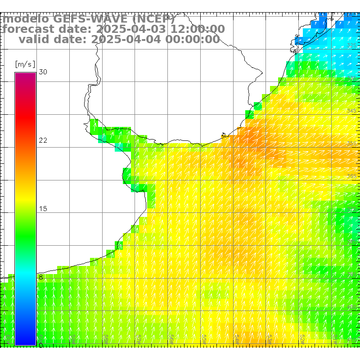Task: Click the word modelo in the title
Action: pos(26,19)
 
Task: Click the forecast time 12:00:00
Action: pos(198,29)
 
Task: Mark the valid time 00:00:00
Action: pos(193,39)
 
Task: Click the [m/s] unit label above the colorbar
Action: pos(25,64)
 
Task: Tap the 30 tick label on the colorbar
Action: pos(43,72)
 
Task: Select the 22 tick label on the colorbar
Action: pos(43,140)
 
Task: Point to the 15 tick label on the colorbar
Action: pos(43,209)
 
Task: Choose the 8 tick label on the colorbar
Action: pos(40,277)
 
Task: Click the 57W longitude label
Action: pos(139,338)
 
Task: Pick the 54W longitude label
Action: pos(237,338)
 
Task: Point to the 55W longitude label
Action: pos(204,338)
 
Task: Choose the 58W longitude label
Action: pos(107,338)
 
